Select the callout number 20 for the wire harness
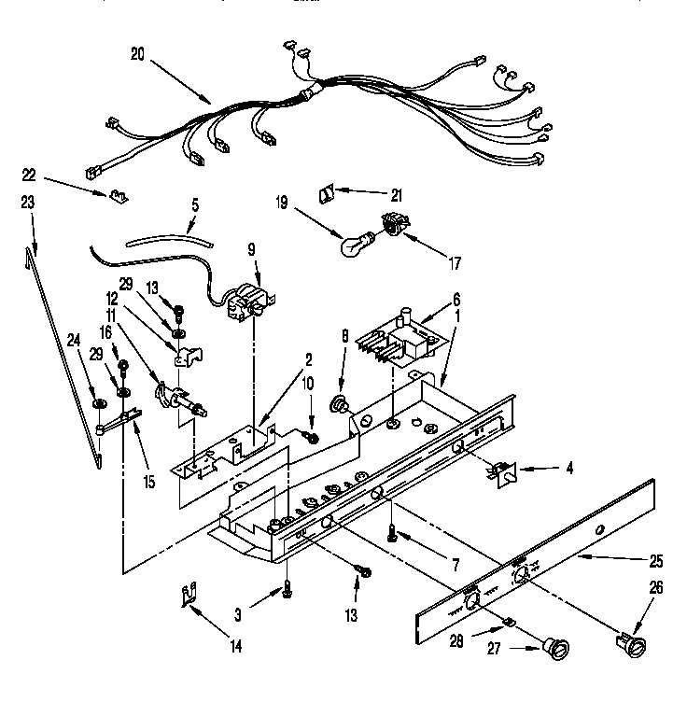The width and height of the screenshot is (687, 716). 137,55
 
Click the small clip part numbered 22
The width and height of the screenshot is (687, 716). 116,196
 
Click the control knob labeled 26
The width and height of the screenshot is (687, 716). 631,644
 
